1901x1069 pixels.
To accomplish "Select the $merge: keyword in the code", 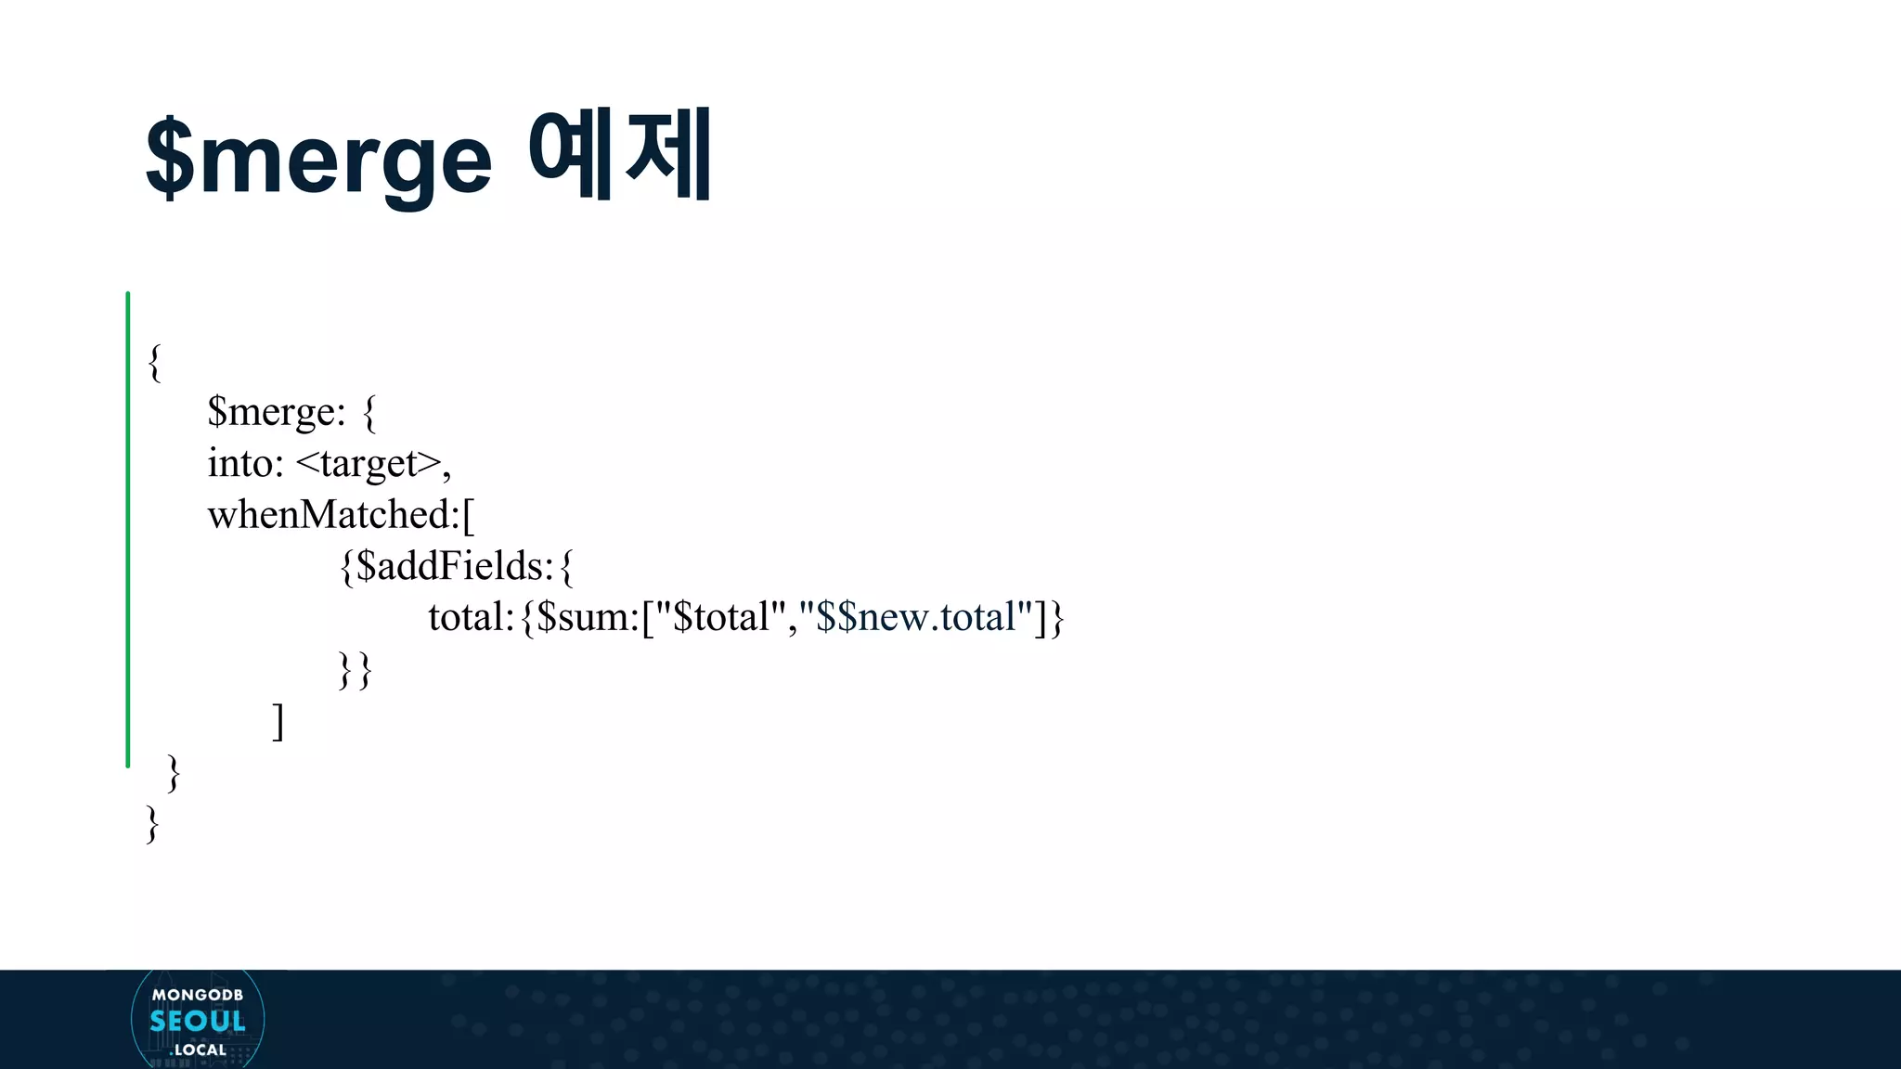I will pos(276,411).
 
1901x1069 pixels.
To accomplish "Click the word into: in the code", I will pos(245,463).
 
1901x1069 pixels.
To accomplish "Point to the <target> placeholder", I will pos(369,463).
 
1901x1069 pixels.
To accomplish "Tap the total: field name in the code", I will pos(471,617).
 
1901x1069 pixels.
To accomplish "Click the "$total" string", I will pos(721,617).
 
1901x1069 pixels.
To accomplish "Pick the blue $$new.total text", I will pos(915,617).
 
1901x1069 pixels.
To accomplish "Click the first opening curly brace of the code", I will pos(155,361).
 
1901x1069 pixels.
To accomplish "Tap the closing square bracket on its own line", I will pos(278,721).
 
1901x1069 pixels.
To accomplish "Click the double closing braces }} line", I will pos(355,669).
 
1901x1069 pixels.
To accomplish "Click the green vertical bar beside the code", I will pos(128,530).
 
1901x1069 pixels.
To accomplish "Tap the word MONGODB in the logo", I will pos(198,995).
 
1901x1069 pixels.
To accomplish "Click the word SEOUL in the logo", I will pos(198,1022).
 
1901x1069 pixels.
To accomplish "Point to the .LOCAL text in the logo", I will pos(199,1050).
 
